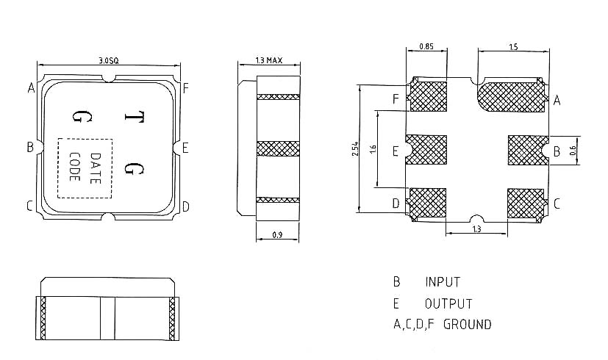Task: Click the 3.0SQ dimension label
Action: coord(108,60)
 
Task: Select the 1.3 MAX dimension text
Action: coord(268,60)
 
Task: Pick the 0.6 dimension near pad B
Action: coord(574,151)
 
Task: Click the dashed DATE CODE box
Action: coord(85,168)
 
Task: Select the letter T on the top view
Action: coord(134,118)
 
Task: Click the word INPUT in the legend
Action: coord(443,282)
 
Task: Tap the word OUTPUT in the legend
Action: coord(448,303)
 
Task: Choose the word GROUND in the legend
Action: coord(468,324)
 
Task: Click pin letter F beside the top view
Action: coord(186,89)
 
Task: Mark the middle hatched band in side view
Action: coord(278,148)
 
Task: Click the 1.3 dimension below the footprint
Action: coord(476,230)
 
